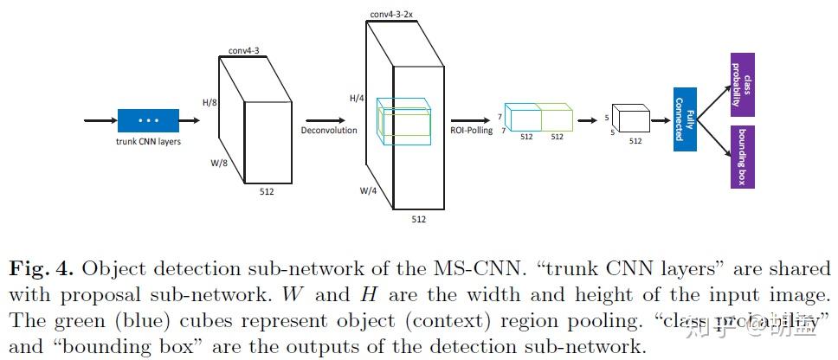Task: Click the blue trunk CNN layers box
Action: tap(148, 120)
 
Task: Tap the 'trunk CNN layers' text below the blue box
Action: tap(148, 142)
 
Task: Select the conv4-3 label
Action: tap(243, 51)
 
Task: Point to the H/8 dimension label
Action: tap(209, 103)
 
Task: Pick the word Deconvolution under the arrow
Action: tap(328, 131)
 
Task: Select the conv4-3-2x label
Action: tap(391, 15)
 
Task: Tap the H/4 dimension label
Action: tap(357, 99)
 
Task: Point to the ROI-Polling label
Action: tap(471, 131)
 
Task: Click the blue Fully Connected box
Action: tap(685, 119)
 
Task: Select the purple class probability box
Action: tap(743, 84)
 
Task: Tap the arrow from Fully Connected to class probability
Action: tap(714, 100)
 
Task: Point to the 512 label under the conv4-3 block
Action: tap(267, 191)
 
